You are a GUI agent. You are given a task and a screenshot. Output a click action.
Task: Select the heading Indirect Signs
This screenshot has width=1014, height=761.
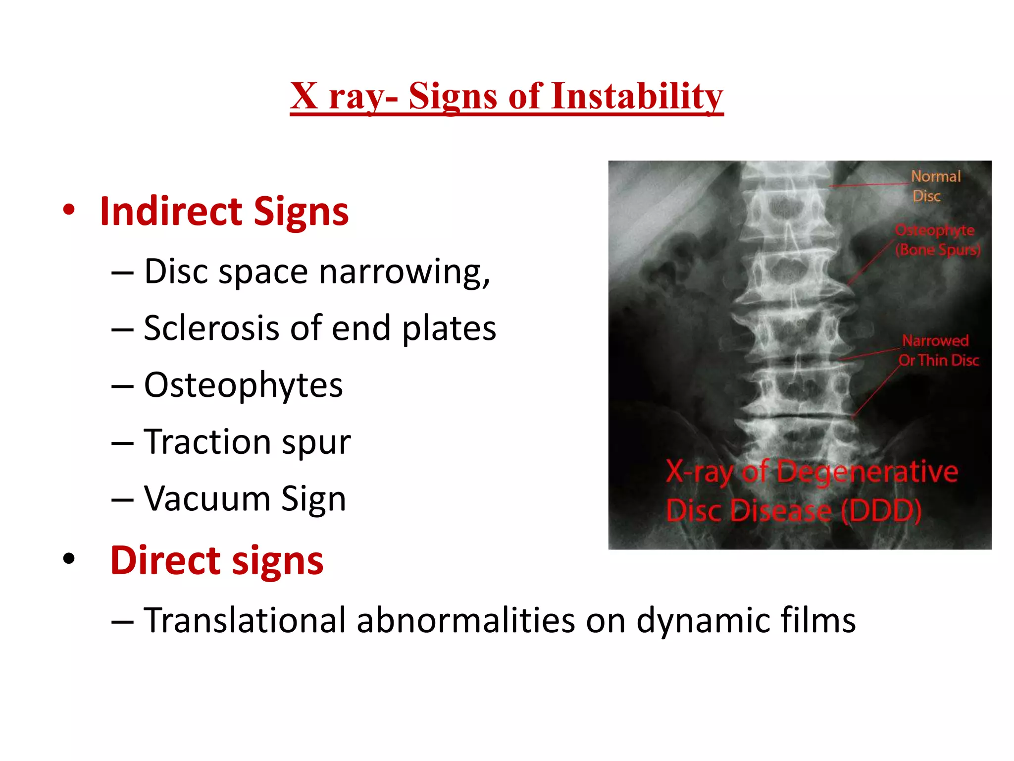(x=224, y=212)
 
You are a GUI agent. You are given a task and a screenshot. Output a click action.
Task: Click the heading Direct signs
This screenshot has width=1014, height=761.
(x=216, y=560)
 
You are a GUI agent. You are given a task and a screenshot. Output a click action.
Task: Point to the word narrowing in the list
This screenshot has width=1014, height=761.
(x=404, y=272)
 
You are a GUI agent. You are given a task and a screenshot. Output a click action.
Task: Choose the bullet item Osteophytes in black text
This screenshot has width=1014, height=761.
(x=243, y=385)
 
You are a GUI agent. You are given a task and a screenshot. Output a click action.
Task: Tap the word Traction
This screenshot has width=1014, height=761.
(x=207, y=441)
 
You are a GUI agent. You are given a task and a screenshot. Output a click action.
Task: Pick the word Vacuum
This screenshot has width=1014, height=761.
(x=207, y=498)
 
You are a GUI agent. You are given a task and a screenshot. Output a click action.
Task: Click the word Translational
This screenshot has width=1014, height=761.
(x=245, y=620)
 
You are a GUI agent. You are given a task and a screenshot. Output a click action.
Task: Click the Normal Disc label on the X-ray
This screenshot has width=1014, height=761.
(x=935, y=186)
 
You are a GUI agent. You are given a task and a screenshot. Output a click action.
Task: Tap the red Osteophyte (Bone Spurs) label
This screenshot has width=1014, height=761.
(x=937, y=240)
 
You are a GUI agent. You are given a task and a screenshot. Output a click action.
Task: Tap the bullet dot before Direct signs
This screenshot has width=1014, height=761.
(x=69, y=559)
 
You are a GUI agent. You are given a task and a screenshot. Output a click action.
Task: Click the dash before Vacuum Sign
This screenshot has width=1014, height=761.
(x=122, y=499)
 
